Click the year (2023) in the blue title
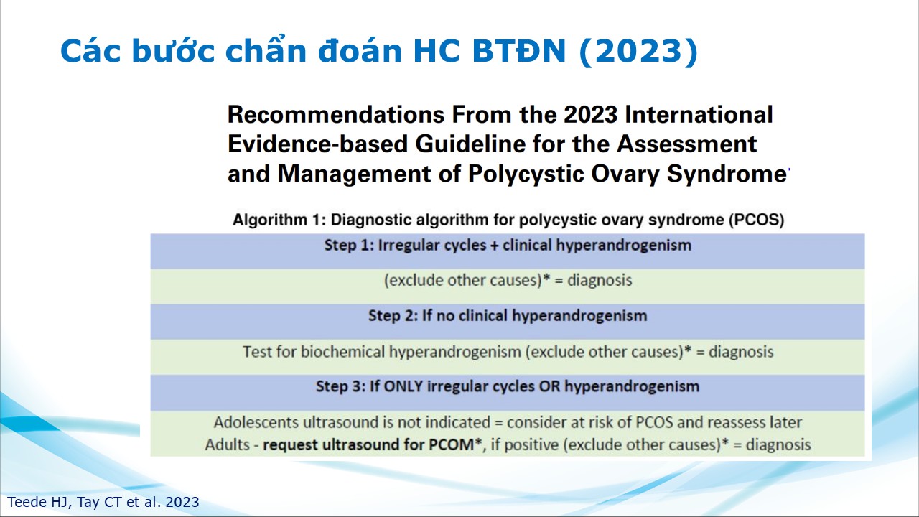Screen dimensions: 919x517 638,51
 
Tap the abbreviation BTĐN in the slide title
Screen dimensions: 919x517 519,51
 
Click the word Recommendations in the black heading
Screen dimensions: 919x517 336,114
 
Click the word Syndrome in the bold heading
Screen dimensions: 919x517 726,174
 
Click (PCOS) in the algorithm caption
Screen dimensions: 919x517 757,220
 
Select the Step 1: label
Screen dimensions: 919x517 349,246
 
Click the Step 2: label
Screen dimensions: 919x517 393,315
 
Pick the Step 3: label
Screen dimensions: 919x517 340,386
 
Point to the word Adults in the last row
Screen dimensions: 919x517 227,444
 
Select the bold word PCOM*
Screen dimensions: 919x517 455,444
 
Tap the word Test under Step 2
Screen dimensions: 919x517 257,352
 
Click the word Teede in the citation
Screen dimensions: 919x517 27,502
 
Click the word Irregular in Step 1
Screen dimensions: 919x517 403,246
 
